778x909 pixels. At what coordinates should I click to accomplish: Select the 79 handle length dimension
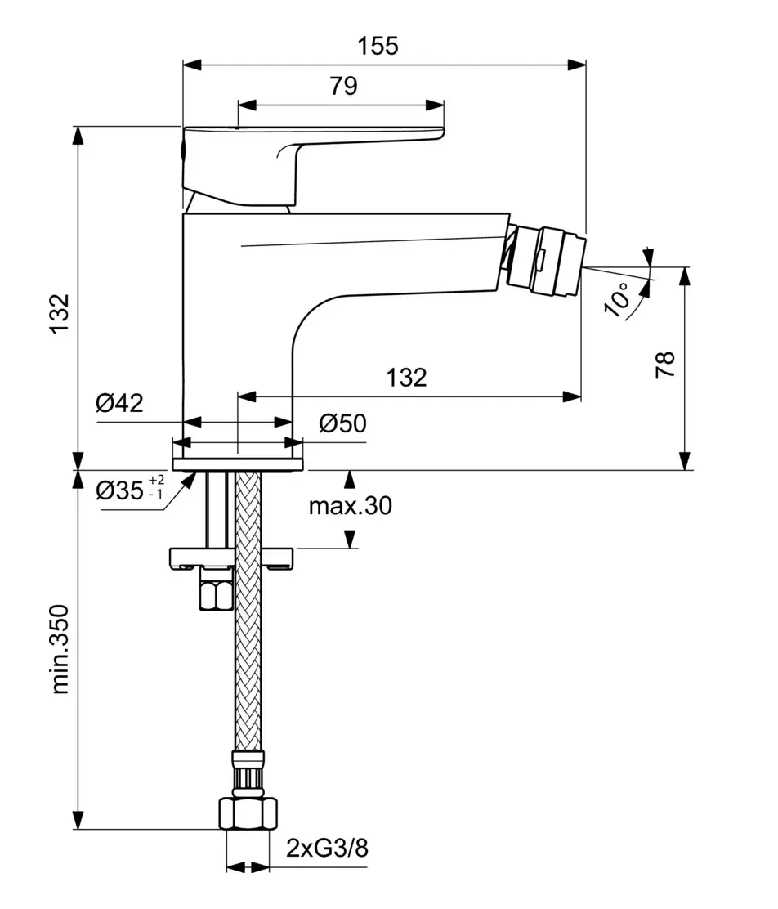click(x=344, y=86)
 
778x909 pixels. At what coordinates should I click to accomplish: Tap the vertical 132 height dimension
click(x=58, y=313)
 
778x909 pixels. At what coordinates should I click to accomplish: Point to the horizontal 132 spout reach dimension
click(x=406, y=378)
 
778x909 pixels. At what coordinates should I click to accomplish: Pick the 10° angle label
click(x=620, y=299)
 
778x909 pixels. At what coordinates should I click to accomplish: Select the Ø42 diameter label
click(x=119, y=403)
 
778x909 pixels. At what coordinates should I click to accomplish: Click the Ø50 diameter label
click(x=342, y=423)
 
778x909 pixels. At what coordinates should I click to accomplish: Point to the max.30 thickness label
click(x=350, y=507)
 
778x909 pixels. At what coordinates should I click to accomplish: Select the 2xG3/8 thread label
click(x=327, y=849)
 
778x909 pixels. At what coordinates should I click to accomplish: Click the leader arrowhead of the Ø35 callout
click(x=190, y=481)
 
